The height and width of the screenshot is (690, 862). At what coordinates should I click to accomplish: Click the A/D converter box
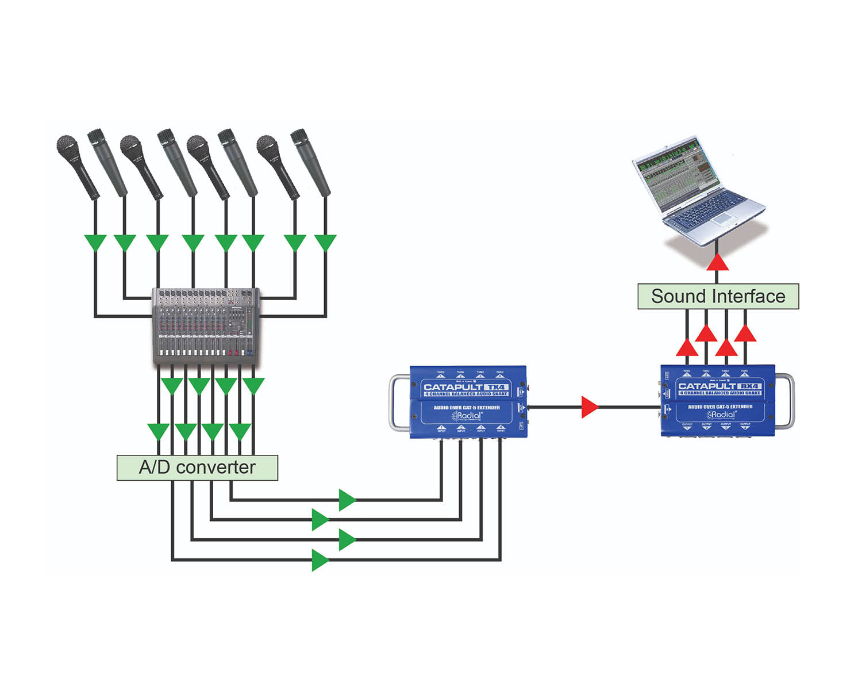click(197, 467)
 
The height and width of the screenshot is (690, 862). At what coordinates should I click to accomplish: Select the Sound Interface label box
click(718, 296)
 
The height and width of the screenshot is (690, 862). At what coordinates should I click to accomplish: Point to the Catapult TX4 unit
click(468, 402)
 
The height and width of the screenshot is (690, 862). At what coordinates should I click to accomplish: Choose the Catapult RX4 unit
click(718, 401)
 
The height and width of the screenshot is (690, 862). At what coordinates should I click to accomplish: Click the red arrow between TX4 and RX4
click(590, 407)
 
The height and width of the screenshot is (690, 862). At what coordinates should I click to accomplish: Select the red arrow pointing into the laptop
click(718, 263)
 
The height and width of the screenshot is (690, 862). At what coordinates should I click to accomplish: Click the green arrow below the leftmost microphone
click(95, 242)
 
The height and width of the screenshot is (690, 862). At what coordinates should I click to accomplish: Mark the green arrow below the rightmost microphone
click(326, 242)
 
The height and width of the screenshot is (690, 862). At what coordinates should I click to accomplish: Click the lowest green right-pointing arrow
click(320, 559)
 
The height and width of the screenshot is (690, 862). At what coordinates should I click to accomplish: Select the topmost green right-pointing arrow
click(347, 500)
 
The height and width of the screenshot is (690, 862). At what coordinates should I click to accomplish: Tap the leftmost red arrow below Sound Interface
click(687, 348)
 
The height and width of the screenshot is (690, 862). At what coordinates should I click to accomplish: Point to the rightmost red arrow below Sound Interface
click(745, 333)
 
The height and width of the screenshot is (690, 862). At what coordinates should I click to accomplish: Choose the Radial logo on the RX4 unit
click(722, 415)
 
